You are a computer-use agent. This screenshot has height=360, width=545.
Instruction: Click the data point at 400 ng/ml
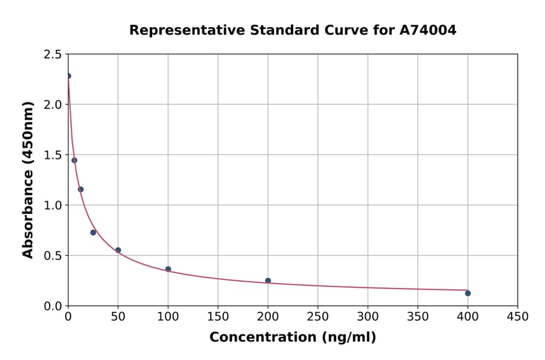point(467,293)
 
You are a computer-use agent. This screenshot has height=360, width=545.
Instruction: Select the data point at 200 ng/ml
point(268,281)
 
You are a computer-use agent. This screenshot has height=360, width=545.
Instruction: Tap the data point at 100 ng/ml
point(168,269)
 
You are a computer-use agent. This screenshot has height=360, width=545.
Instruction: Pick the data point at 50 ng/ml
point(118,250)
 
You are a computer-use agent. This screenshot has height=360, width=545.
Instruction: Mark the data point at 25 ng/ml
point(93,233)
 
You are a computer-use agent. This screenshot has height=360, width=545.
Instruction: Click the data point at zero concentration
point(68,76)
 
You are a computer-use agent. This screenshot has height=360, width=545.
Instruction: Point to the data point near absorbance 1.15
point(81,189)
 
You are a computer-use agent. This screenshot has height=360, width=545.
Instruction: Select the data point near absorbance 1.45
point(74,161)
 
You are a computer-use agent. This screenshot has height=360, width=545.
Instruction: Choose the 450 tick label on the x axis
point(517,317)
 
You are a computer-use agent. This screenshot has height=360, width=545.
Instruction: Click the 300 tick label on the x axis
point(368,317)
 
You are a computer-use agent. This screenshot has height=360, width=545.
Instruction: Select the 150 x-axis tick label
point(218,317)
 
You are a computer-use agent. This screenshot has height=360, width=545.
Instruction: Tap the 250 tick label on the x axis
point(317,317)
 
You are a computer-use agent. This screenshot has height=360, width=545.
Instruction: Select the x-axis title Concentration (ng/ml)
point(292,338)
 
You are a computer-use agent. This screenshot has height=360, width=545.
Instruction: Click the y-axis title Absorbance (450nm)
point(28,179)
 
